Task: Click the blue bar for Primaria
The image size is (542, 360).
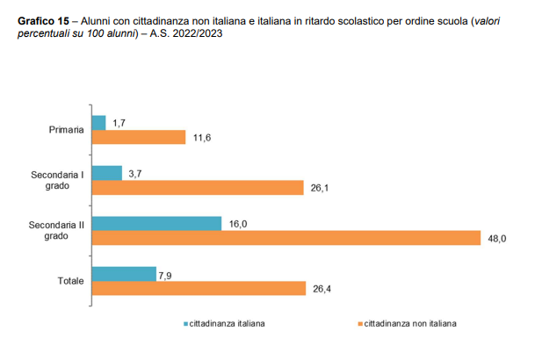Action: coord(98,123)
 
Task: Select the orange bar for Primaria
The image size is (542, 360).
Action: coord(138,137)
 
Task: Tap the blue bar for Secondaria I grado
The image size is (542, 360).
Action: coord(106,173)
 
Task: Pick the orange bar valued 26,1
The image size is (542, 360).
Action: coord(198,187)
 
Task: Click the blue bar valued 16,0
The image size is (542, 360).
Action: coord(156,224)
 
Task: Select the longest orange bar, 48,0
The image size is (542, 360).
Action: coord(285,238)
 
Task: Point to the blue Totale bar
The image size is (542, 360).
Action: coord(123,274)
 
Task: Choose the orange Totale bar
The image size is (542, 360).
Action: coord(199,288)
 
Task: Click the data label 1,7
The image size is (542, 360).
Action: coord(119,124)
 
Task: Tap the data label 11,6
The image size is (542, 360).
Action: coord(201,138)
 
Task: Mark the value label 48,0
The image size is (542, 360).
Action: coord(497,239)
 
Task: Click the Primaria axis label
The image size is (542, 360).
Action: coord(67,130)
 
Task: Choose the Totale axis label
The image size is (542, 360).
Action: coord(70,281)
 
